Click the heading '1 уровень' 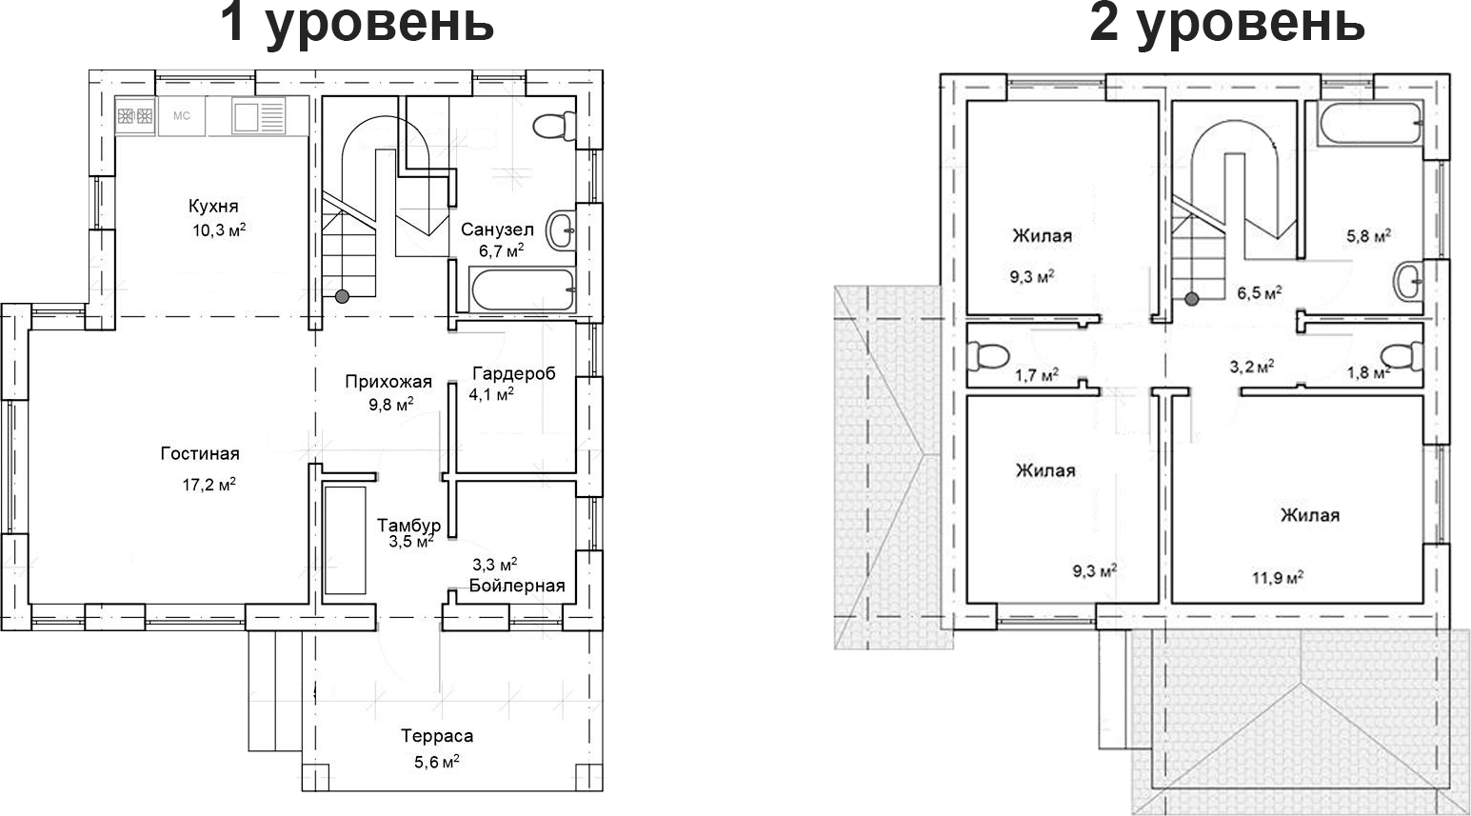pyautogui.click(x=356, y=23)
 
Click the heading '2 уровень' pyautogui.click(x=1226, y=23)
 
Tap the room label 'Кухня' pyautogui.click(x=212, y=207)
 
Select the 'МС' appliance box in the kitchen pyautogui.click(x=182, y=116)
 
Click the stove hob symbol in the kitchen pyautogui.click(x=135, y=116)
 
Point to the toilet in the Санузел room pyautogui.click(x=554, y=127)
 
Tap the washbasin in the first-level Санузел pyautogui.click(x=561, y=229)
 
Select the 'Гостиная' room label pyautogui.click(x=200, y=454)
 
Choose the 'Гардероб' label pyautogui.click(x=513, y=373)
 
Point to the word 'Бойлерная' pyautogui.click(x=517, y=586)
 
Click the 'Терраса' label pyautogui.click(x=436, y=736)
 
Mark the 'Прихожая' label pyautogui.click(x=388, y=382)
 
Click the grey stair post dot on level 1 pyautogui.click(x=342, y=296)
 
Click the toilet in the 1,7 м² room pyautogui.click(x=987, y=356)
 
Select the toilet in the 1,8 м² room pyautogui.click(x=1402, y=357)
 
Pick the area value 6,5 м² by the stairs pyautogui.click(x=1258, y=292)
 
